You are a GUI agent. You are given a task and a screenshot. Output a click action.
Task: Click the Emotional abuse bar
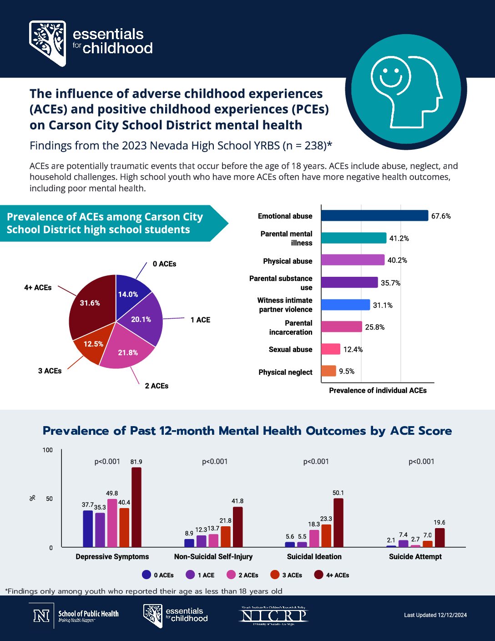click(x=374, y=216)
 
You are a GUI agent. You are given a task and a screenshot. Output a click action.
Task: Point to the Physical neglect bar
click(x=328, y=371)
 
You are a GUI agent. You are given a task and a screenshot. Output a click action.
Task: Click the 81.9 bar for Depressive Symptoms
click(x=136, y=507)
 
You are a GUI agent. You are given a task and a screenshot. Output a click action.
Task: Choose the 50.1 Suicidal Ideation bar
click(x=338, y=523)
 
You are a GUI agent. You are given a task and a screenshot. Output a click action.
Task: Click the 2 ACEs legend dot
click(x=231, y=575)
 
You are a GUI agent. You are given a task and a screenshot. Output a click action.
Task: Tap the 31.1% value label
click(x=383, y=305)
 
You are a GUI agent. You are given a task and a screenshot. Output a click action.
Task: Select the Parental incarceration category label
click(x=291, y=327)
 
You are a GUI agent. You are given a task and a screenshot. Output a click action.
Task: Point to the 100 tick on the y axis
click(x=48, y=450)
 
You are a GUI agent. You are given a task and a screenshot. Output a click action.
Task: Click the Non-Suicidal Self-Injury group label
click(x=213, y=557)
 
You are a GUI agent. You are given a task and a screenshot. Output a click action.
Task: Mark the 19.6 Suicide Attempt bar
click(x=439, y=538)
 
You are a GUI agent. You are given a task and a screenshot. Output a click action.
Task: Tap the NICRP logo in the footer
click(x=274, y=616)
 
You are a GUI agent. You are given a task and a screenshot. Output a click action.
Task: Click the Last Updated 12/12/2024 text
click(x=435, y=615)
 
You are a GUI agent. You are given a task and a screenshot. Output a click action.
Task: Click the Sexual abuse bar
click(x=331, y=349)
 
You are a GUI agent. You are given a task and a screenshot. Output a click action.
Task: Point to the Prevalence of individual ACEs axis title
click(x=378, y=391)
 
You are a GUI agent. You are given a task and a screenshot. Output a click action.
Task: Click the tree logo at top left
click(x=47, y=43)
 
